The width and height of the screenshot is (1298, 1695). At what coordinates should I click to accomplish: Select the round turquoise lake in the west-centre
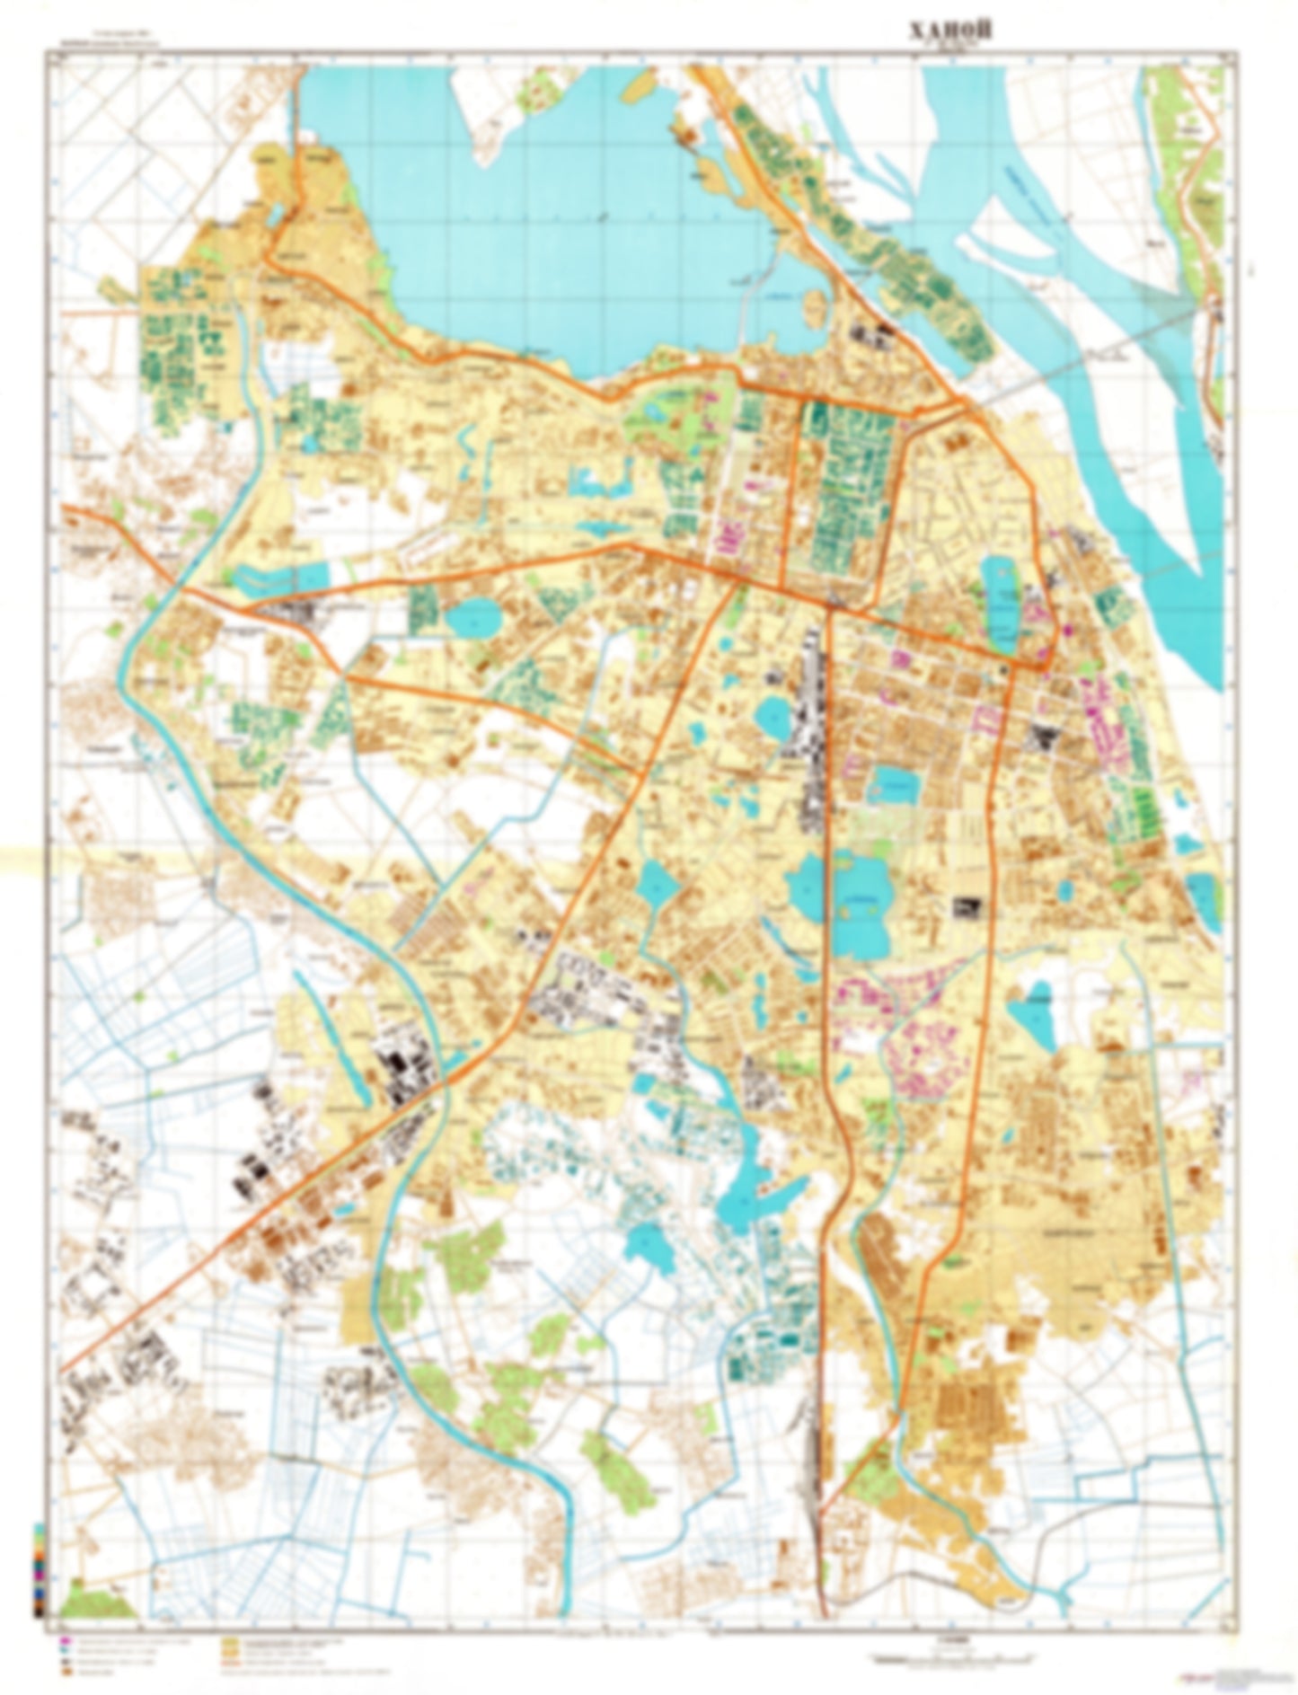point(473,618)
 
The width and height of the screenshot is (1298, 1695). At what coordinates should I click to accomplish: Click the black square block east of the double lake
point(967,906)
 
